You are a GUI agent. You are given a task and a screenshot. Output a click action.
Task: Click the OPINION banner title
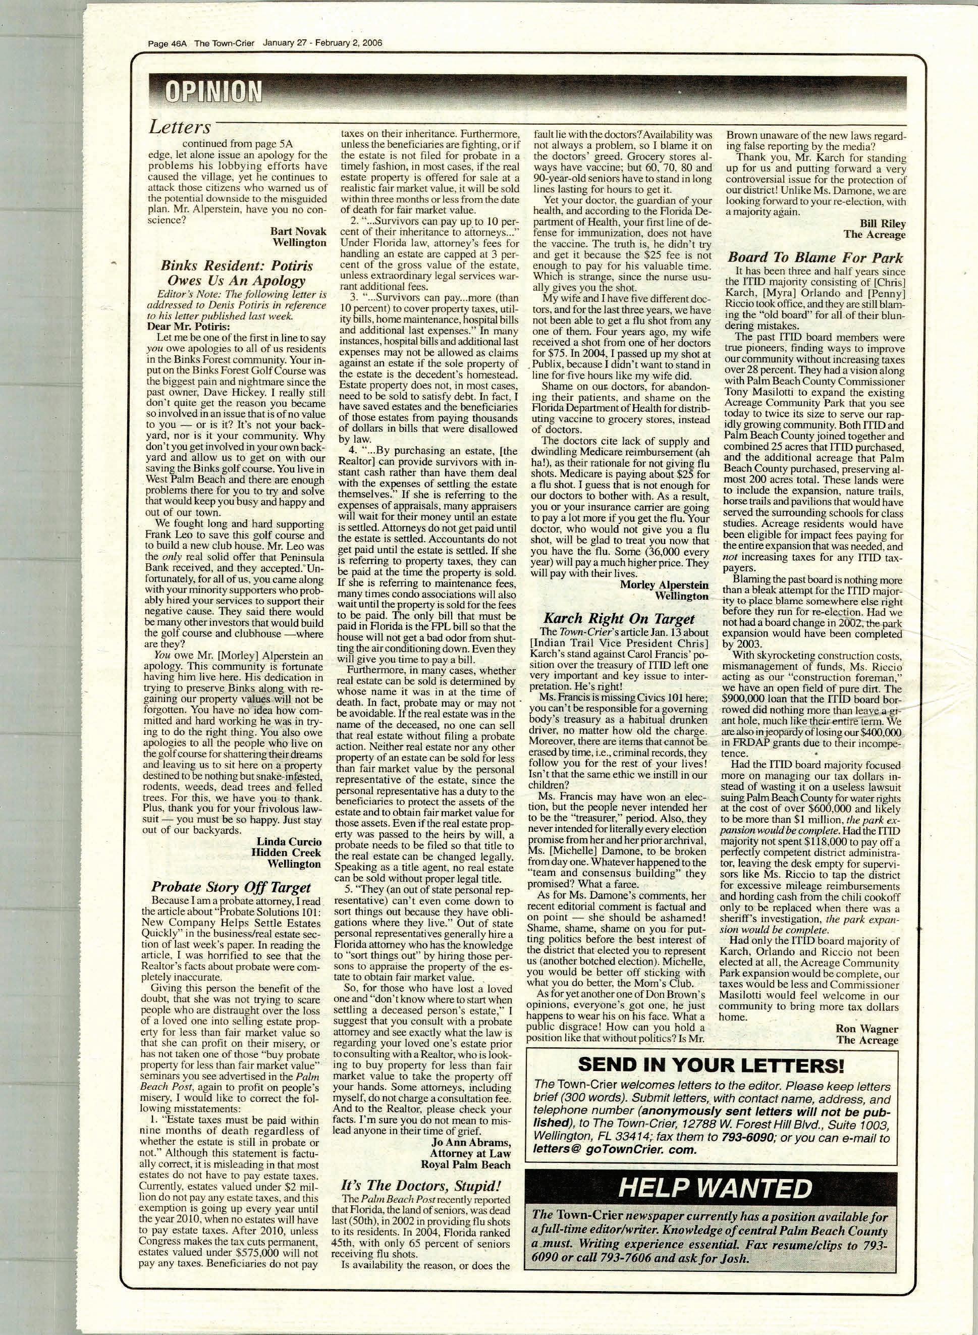click(x=213, y=92)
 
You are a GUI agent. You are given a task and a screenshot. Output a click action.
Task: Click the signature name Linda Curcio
click(x=289, y=841)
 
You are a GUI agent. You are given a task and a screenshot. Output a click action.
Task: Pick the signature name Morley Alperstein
click(x=664, y=585)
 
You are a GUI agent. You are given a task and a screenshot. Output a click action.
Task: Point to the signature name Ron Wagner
click(x=866, y=1029)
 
